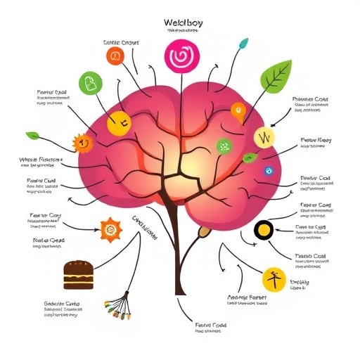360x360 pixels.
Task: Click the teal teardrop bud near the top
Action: pyautogui.click(x=244, y=44)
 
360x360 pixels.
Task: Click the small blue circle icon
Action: pyautogui.click(x=267, y=170)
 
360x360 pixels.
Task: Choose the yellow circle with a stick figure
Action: pyautogui.click(x=273, y=278)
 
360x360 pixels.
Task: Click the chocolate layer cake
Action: pyautogui.click(x=78, y=275)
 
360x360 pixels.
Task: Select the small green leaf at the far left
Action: pyautogui.click(x=32, y=135)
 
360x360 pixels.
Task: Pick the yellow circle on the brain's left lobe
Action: pyautogui.click(x=116, y=124)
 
